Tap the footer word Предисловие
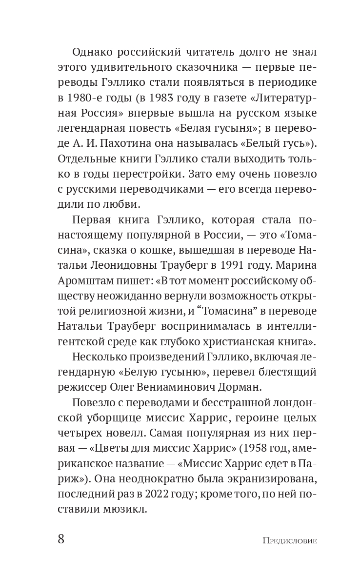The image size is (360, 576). point(290,540)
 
